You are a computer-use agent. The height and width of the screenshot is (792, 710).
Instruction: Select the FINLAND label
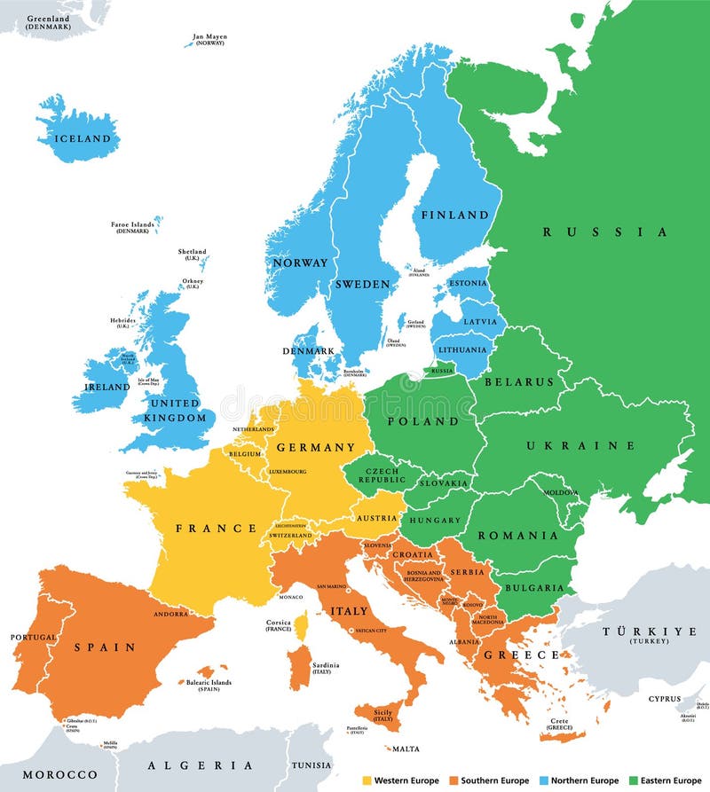tap(454, 215)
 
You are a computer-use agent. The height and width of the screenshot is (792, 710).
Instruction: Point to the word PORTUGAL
tap(34, 637)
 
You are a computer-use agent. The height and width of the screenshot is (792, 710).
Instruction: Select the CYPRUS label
tap(665, 699)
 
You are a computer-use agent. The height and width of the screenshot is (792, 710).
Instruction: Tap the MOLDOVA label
tap(561, 492)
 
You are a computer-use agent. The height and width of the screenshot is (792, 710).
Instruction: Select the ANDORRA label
tap(170, 614)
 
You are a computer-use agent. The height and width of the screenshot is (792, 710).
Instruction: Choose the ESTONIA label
tap(467, 284)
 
